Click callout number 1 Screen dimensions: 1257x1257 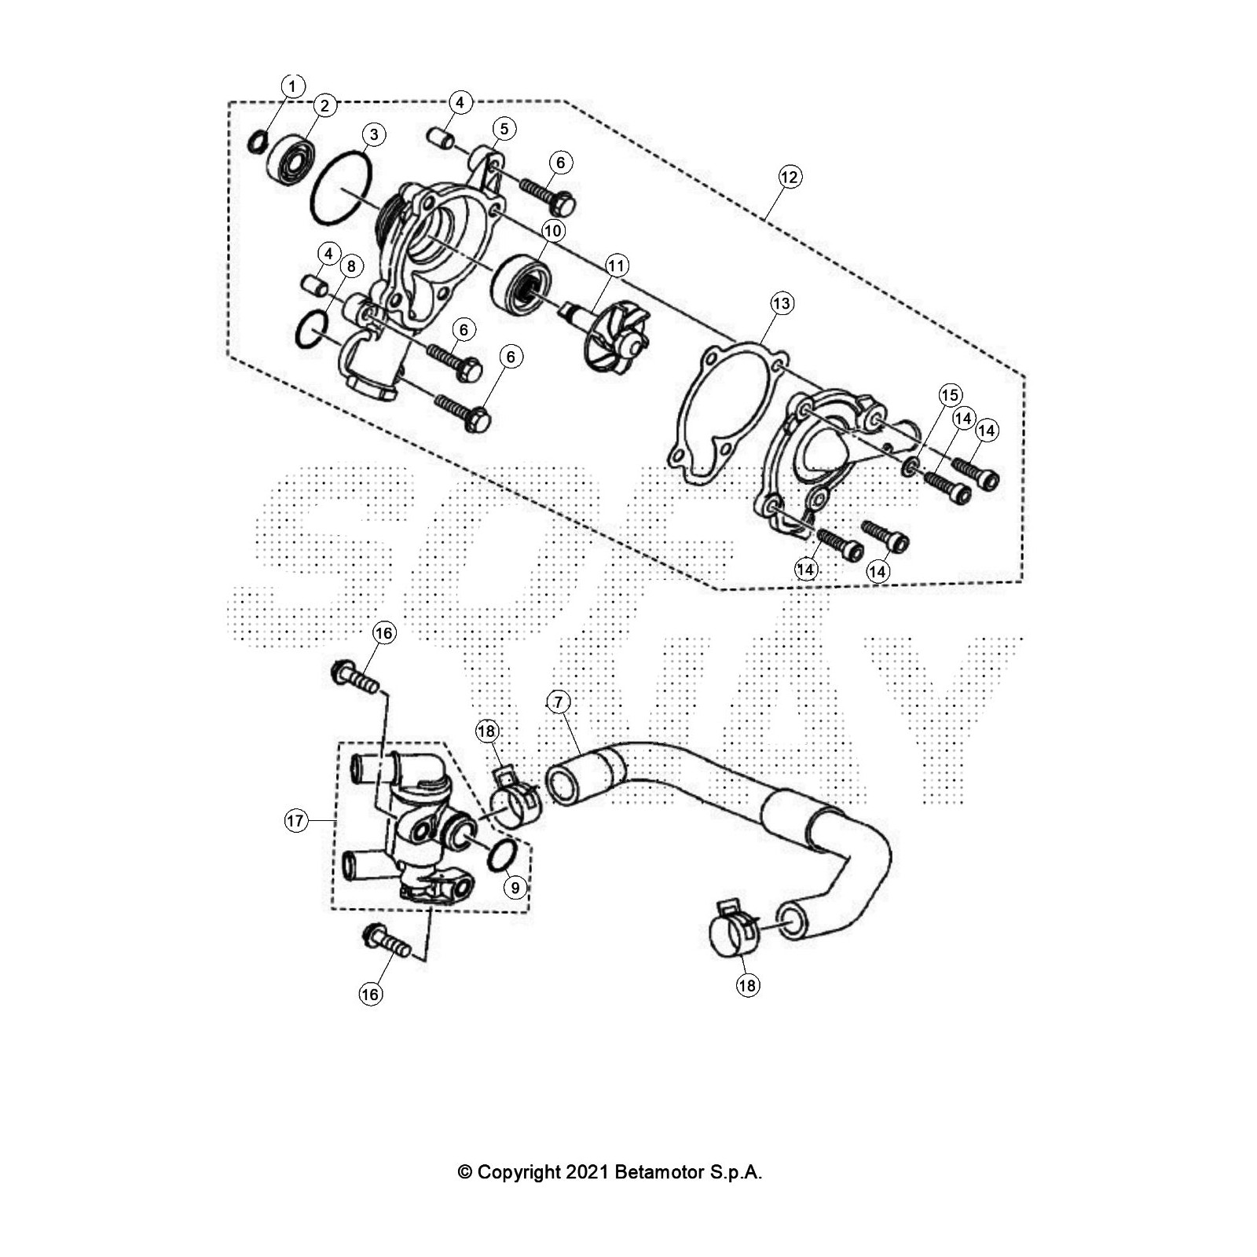coord(292,86)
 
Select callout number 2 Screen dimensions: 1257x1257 coord(324,105)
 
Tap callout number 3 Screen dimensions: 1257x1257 coord(373,134)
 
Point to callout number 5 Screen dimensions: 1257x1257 coord(504,128)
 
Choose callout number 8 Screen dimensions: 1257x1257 coord(350,266)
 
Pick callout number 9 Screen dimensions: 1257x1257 coord(515,888)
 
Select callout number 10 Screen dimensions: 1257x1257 coord(553,231)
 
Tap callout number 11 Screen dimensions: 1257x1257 coord(616,266)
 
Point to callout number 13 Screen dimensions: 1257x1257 coord(782,303)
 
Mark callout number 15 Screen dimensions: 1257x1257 coord(950,394)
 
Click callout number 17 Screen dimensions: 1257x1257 coord(295,821)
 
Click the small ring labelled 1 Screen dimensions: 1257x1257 coord(257,142)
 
